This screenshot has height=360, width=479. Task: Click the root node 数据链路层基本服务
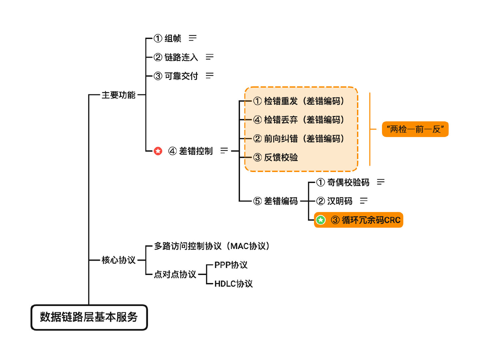[x=89, y=317]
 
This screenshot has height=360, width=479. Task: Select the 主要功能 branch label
[x=118, y=95]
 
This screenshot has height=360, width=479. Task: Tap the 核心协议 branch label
[x=118, y=260]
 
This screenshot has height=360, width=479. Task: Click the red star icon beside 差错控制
[x=158, y=151]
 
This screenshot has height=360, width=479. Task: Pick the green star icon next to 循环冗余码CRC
[x=321, y=220]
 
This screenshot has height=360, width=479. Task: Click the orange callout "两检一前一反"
[x=415, y=129]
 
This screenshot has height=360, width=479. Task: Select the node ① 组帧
[x=168, y=39]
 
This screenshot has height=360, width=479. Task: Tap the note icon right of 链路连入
[x=209, y=57]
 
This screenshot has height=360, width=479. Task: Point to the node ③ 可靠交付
[x=176, y=76]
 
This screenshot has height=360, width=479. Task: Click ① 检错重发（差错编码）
[x=299, y=101]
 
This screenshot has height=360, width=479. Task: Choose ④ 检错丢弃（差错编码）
[x=299, y=120]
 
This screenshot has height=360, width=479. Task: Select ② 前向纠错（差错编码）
[x=299, y=139]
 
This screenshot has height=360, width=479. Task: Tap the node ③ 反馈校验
[x=276, y=157]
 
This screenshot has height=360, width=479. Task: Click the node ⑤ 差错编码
[x=276, y=201]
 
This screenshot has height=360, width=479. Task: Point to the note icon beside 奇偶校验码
[x=381, y=182]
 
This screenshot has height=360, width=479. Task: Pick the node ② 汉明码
[x=334, y=201]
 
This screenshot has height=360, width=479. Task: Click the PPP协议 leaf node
[x=231, y=265]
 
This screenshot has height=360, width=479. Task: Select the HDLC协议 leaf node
[x=233, y=284]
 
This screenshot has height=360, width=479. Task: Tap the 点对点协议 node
[x=175, y=274]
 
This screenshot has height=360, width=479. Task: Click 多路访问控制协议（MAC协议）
[x=212, y=246]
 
